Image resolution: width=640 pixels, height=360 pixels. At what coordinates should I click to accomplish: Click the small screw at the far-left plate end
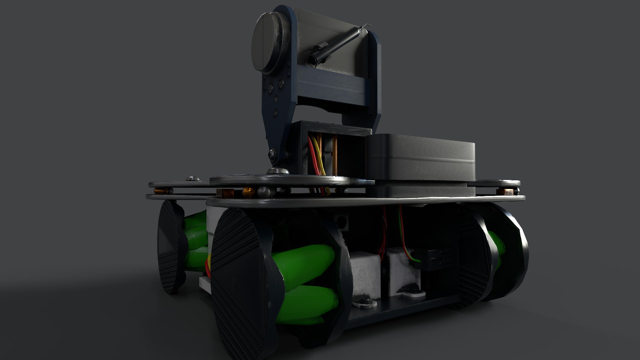pyautogui.click(x=192, y=179)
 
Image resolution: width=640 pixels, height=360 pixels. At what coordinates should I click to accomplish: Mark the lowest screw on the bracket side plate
pyautogui.click(x=275, y=113)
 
